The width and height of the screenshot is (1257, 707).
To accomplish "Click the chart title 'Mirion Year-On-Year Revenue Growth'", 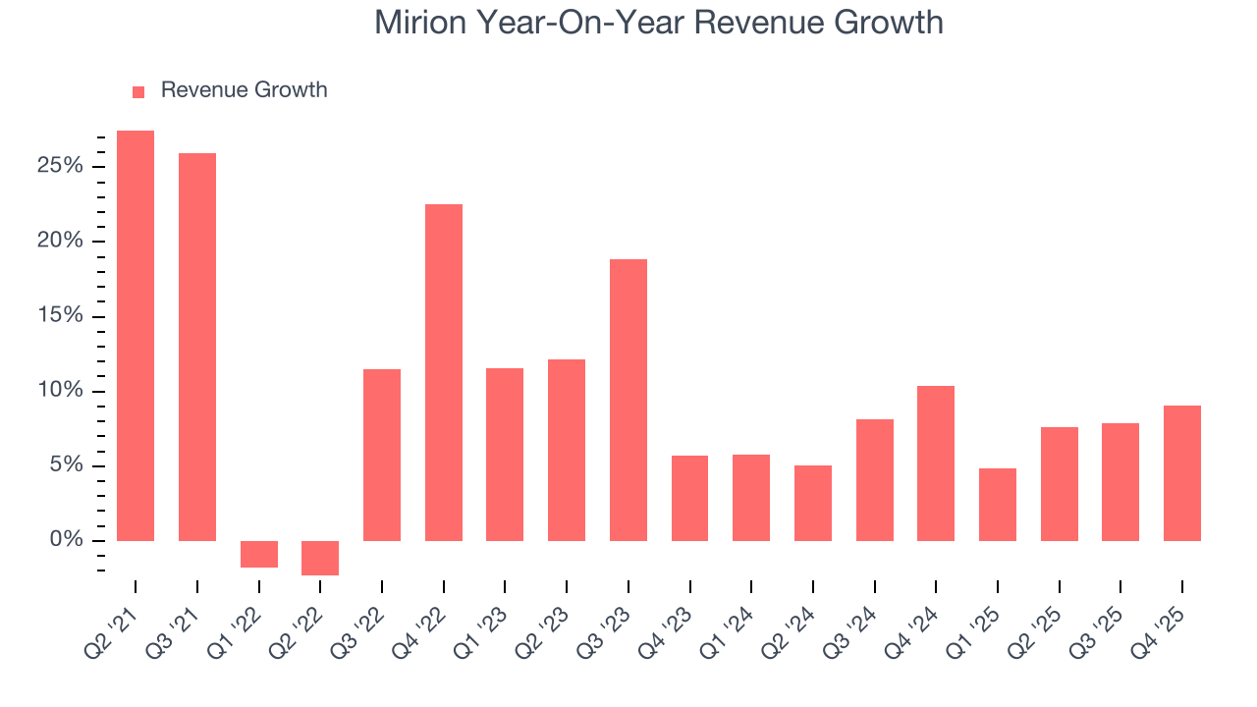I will pos(658,23).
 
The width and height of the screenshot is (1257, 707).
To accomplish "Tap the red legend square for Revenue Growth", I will pos(138,91).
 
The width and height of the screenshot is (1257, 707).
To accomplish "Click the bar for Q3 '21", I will pos(197,347).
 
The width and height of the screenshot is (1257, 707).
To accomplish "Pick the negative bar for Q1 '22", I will pos(259,554).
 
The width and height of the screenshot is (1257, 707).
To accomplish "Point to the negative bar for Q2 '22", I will pos(320,558).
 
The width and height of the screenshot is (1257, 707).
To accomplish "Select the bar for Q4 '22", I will pos(444,372).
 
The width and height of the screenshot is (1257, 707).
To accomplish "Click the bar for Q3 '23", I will pos(628,400).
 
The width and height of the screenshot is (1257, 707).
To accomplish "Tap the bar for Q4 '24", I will pos(936,463).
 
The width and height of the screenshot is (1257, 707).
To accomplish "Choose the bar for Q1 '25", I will pos(998,505).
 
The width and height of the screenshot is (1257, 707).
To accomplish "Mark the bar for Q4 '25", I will pos(1182,473).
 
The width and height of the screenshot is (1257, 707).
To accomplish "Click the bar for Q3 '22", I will pos(382,455).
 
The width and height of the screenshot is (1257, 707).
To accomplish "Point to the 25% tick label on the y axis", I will pos(60,166).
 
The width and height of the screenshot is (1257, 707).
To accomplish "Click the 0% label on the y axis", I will pos(66,541).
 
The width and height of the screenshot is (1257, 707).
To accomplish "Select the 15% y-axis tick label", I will pos(60,316).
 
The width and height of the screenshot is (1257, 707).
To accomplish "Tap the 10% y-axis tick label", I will pos(60,391).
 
